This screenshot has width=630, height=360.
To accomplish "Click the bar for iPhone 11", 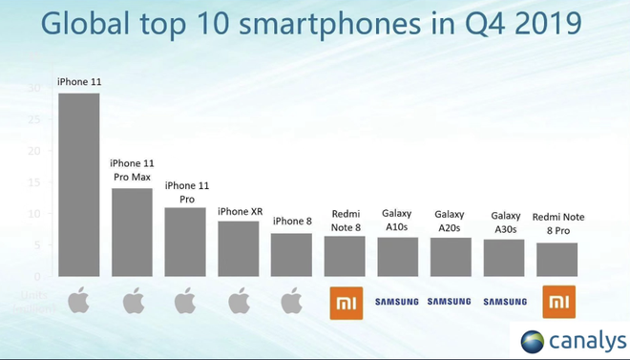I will (x=78, y=184).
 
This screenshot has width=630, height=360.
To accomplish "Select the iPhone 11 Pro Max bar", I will (x=132, y=232).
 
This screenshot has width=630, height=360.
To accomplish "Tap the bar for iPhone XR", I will (x=238, y=248).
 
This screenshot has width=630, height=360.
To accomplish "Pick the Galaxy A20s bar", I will (x=451, y=257).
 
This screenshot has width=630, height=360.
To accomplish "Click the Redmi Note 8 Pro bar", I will (x=557, y=260).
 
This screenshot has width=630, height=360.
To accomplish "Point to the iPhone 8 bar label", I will (x=291, y=222).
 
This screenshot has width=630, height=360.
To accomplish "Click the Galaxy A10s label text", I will (x=397, y=221).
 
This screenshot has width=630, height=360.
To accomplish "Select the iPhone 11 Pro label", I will (x=185, y=192).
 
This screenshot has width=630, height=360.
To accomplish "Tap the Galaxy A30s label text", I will (x=505, y=222).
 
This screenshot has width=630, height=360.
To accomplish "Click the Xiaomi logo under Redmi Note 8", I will (x=345, y=302).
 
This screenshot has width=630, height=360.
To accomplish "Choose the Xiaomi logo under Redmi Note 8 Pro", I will (x=558, y=302).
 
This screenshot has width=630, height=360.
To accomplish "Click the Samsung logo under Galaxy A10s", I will (x=397, y=302).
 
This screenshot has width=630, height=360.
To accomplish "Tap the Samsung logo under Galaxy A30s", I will (x=505, y=302).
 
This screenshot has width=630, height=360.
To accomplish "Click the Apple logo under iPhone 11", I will (x=78, y=302).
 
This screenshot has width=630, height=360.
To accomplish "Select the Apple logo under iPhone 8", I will (x=291, y=302).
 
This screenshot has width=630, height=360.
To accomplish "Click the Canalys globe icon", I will (x=533, y=341).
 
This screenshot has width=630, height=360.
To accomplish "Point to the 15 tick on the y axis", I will (x=35, y=181).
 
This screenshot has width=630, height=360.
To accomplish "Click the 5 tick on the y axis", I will (x=37, y=244).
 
